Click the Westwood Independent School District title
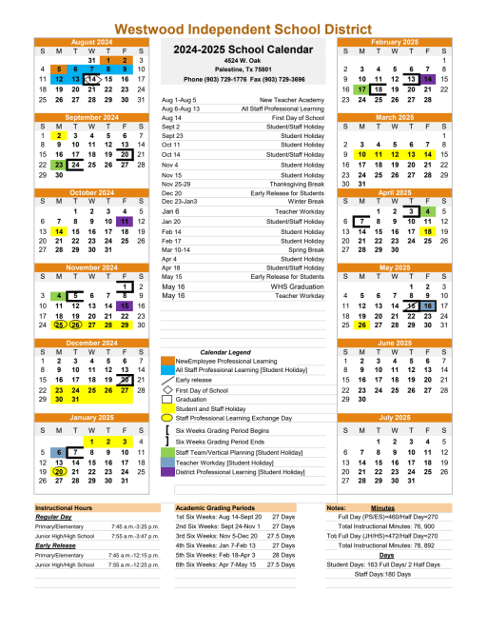pos(243,30)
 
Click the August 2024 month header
pos(91,42)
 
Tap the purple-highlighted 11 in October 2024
pos(126,220)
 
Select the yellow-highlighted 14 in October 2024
pos(59,230)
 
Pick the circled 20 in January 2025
pos(59,470)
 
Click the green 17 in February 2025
pos(361,89)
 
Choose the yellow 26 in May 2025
pos(361,324)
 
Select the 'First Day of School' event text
pos(295,118)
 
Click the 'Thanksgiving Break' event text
pos(296,184)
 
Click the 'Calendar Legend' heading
pos(225,351)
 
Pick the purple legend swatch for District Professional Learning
pos(167,471)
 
